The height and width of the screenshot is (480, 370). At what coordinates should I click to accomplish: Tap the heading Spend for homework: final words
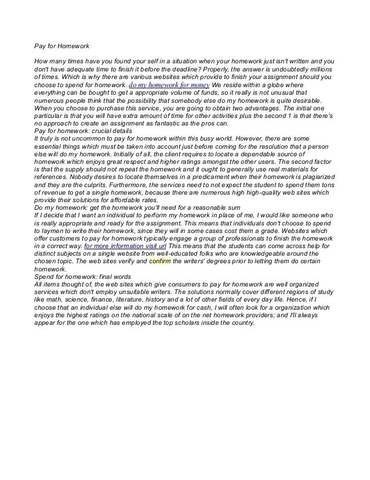tap(82, 278)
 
